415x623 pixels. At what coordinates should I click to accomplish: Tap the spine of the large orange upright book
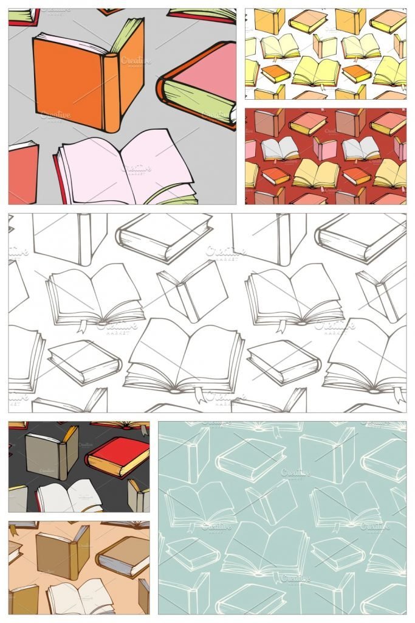[x=111, y=91]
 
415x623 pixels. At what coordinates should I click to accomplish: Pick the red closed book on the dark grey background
[x=117, y=456]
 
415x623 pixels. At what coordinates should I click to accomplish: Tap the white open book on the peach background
[x=79, y=596]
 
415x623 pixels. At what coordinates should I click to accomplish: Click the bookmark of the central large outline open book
[x=199, y=396]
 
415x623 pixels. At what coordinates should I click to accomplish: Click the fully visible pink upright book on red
[x=325, y=148]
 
